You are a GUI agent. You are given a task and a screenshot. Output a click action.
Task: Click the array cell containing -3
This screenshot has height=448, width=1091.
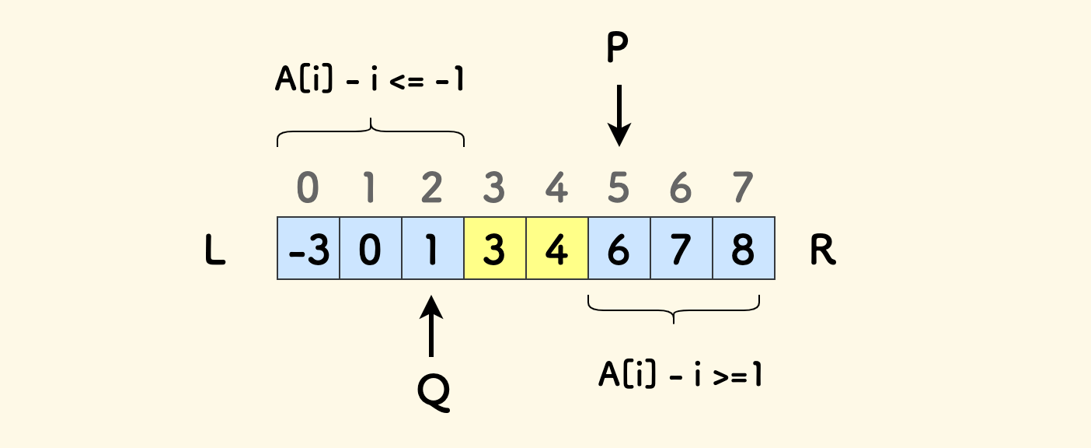click(x=308, y=248)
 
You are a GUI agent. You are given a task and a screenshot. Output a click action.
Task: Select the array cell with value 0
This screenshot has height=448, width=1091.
click(x=371, y=248)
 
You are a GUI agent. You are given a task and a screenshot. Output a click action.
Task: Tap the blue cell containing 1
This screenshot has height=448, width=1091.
click(x=433, y=248)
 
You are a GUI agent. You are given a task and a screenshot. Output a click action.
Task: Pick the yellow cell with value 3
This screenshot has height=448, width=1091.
click(x=495, y=248)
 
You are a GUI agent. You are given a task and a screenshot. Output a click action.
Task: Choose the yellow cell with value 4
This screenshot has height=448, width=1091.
click(x=557, y=248)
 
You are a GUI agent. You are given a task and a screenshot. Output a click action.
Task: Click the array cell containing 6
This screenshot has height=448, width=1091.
click(x=619, y=248)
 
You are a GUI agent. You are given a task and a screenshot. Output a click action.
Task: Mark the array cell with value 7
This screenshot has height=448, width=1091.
click(x=681, y=248)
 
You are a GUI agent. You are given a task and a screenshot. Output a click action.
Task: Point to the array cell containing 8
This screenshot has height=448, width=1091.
click(x=744, y=248)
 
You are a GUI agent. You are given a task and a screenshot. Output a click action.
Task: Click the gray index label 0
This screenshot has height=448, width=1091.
click(x=308, y=188)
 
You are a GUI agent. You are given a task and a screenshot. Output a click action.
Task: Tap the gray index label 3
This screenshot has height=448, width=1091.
click(x=495, y=188)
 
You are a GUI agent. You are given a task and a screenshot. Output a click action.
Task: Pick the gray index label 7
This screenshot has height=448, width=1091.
click(x=744, y=188)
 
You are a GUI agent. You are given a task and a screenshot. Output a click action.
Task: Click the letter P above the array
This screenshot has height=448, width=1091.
click(x=618, y=49)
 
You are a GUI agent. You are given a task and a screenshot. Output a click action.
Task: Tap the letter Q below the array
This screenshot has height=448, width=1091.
click(x=434, y=392)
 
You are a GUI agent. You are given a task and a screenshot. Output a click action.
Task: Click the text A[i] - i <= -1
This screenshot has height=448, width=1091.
click(x=370, y=81)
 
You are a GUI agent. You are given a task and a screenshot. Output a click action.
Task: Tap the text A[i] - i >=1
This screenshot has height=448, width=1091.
click(x=681, y=374)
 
